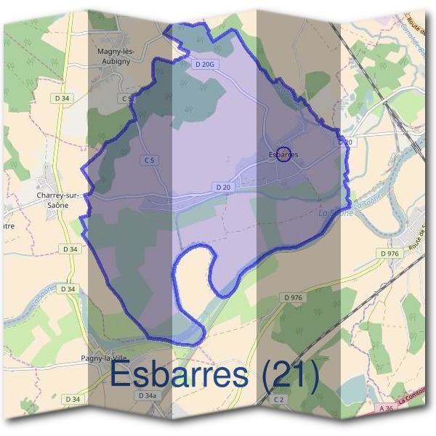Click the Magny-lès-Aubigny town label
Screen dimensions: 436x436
118,56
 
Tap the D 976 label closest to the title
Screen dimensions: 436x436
293,298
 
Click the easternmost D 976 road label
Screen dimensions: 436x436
389,253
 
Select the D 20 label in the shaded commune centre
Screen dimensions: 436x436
223,187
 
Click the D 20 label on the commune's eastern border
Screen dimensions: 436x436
344,142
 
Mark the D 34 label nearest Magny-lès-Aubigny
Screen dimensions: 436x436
62,97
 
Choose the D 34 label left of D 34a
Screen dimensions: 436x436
72,399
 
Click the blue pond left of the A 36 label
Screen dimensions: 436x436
354,393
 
